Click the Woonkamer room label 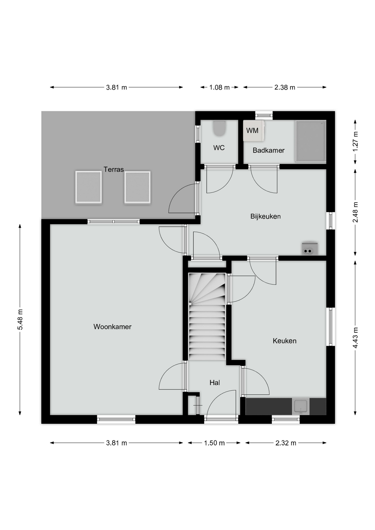[x=112, y=327]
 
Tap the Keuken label [x=284, y=341]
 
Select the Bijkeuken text [x=265, y=216]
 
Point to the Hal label [x=215, y=382]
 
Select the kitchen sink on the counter [x=301, y=406]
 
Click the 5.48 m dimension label [x=20, y=319]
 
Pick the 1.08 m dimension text [x=219, y=88]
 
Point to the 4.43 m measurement [x=355, y=338]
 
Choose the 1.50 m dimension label [x=214, y=443]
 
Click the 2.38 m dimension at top [x=285, y=88]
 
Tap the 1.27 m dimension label [x=355, y=141]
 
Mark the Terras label [x=113, y=169]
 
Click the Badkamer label [x=268, y=150]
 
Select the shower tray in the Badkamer [x=311, y=141]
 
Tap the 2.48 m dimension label [x=355, y=212]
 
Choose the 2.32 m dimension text [x=286, y=443]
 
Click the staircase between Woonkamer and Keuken [x=207, y=317]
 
